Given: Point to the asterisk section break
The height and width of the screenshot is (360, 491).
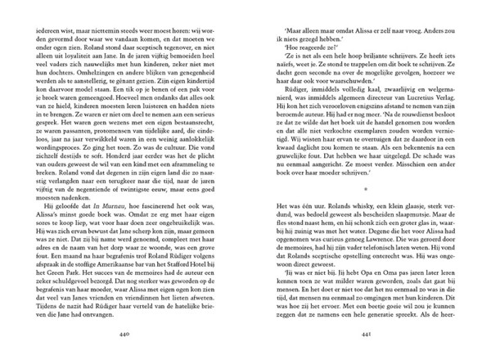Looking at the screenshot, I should tap(366, 187).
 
